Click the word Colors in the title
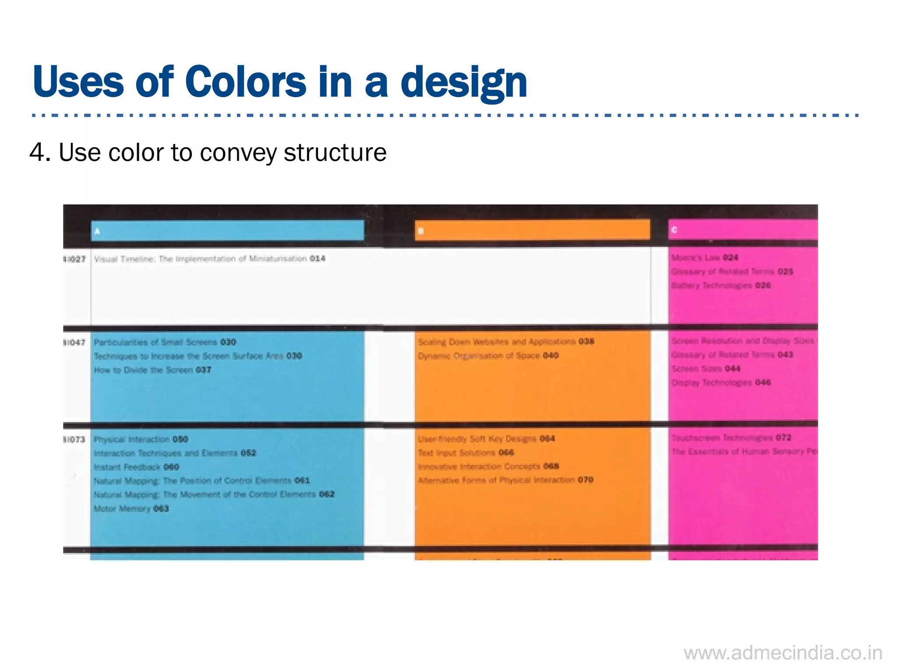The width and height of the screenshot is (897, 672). point(246,82)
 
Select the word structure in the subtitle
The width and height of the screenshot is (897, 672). point(335,153)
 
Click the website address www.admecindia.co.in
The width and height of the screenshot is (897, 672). point(783,653)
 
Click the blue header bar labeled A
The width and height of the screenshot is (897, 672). point(227,231)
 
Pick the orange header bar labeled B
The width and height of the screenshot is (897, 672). point(532,230)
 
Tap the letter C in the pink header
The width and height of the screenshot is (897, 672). point(674,230)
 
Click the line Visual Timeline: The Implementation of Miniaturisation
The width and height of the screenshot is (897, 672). point(209,259)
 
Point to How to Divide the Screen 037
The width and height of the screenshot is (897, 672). point(152,370)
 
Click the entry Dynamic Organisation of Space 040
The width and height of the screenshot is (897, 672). point(488,355)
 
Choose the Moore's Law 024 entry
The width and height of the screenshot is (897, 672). point(705,257)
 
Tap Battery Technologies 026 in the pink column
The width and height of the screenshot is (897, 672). point(721,285)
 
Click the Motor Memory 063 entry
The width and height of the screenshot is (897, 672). point(131,508)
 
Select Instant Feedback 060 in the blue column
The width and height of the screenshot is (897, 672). point(136,467)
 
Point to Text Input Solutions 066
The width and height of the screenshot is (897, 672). point(466,453)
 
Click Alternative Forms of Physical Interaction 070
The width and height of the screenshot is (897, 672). point(505,480)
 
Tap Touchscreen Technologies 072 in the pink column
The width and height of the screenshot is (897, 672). point(731,438)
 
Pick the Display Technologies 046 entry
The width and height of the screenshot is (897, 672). point(721,383)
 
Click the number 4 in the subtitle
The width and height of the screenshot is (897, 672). point(37,153)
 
